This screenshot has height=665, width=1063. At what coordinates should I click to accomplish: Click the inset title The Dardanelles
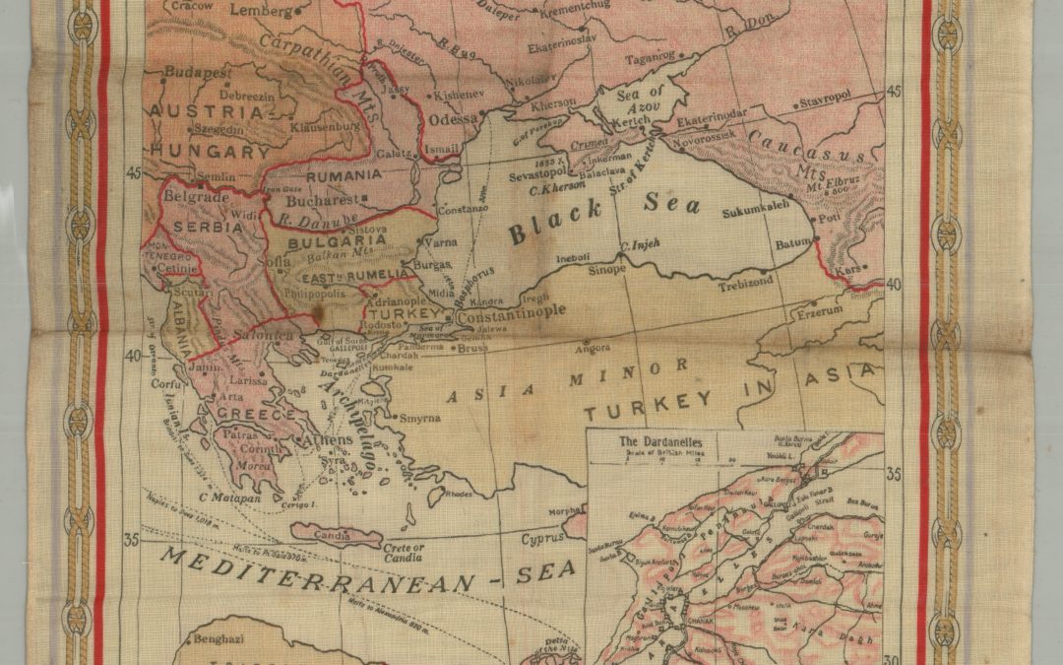pyautogui.click(x=647, y=442)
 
